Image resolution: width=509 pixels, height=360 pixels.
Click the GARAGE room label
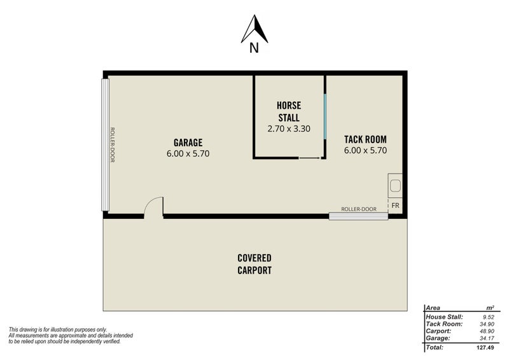pos(188,142)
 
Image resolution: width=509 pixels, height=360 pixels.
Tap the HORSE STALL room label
pos(288,111)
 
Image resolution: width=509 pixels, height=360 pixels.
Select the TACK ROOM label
pos(365,139)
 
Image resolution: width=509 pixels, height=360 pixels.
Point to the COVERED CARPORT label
pos(254,263)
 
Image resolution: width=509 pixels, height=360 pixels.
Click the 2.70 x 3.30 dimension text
pos(288,128)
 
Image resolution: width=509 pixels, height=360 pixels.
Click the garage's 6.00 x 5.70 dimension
pos(188,153)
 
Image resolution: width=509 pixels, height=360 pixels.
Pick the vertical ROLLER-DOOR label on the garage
pos(112,145)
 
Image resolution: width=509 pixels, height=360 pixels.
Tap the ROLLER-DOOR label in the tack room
pos(358,209)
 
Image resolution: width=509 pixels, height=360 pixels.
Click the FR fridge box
pos(395,205)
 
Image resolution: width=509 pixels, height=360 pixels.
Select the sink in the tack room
pos(395,186)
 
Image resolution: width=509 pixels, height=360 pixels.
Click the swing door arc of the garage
pos(153,207)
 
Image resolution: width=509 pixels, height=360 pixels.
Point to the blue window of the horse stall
pos(324,116)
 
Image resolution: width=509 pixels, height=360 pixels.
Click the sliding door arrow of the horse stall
pos(309,157)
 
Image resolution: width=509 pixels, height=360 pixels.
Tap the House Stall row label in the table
pos(445,315)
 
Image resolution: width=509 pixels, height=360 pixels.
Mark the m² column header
pos(490,307)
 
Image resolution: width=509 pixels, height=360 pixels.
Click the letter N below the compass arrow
pos(254,48)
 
